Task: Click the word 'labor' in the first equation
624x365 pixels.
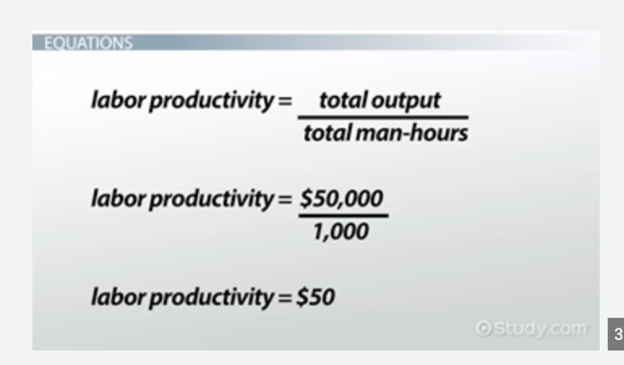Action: [x=113, y=102]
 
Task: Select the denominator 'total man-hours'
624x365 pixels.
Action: [x=385, y=133]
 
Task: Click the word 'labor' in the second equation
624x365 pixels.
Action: [x=113, y=200]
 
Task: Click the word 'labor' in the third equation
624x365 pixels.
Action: [x=113, y=298]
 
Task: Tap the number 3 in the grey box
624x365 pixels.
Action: [x=618, y=333]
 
